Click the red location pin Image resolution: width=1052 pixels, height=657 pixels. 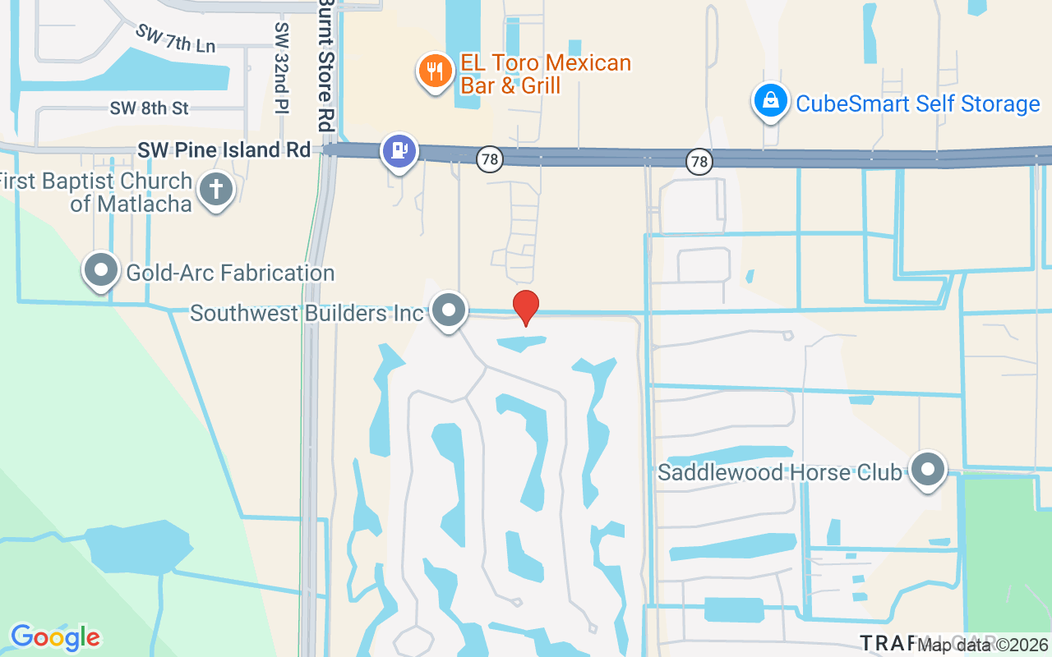pos(526,307)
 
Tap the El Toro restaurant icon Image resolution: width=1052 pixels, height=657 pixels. pos(432,71)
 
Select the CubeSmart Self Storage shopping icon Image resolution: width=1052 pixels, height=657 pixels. pos(770,101)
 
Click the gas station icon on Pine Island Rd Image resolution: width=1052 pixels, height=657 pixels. pos(399,151)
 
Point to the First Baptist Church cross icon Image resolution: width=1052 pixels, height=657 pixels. pos(215,190)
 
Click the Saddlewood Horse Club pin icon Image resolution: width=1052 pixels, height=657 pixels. pos(929,471)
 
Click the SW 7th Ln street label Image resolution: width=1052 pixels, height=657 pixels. pos(175,39)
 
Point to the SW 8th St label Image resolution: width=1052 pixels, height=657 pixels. pos(150,108)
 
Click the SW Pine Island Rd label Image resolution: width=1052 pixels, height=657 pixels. pos(224,150)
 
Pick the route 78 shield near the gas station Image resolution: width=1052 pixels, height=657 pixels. pos(490,160)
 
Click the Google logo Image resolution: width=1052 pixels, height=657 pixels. pos(55,637)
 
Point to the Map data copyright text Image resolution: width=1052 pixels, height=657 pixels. pos(982,645)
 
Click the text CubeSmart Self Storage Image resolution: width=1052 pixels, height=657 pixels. pos(918,104)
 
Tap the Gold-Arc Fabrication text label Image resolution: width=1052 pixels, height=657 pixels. pos(230,272)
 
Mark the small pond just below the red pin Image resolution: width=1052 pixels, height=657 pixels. pos(519,342)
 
